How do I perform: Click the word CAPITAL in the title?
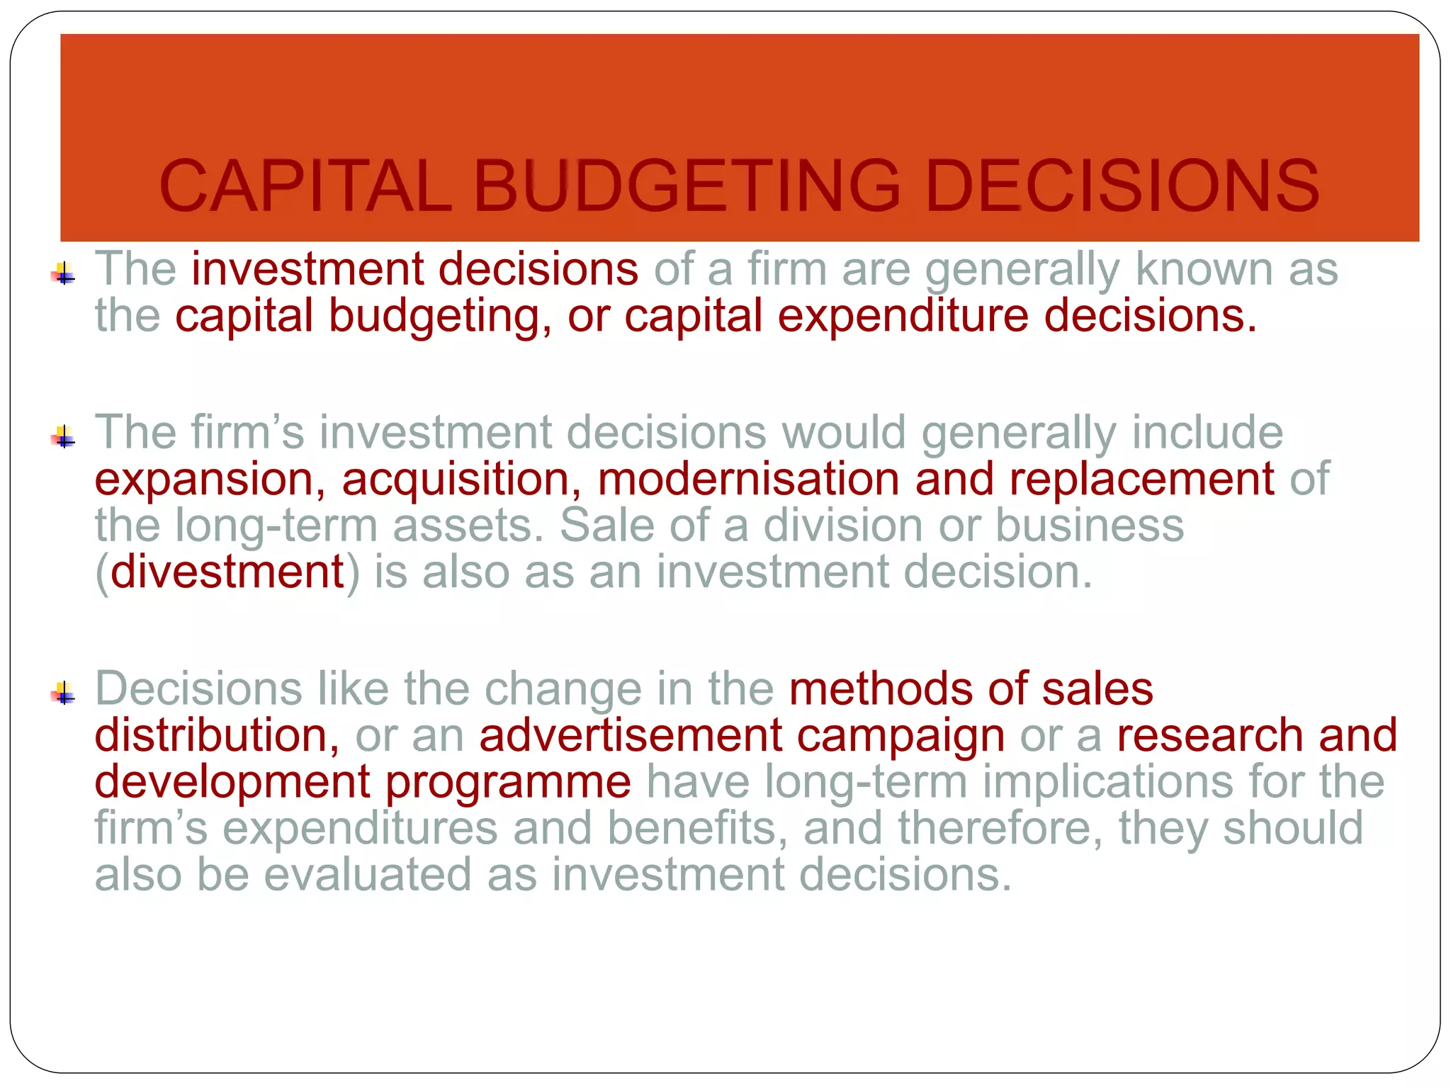[305, 186]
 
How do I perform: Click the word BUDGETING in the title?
[687, 186]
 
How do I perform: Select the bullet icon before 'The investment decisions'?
[64, 273]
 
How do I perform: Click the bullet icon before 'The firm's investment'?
[64, 437]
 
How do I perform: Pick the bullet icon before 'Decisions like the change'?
[64, 693]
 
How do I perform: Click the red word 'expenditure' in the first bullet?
[903, 316]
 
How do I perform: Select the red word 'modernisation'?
[748, 479]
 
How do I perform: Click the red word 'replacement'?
[1141, 480]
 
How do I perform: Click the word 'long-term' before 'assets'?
[276, 526]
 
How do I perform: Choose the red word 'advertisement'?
[631, 735]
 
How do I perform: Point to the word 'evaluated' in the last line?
[368, 875]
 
